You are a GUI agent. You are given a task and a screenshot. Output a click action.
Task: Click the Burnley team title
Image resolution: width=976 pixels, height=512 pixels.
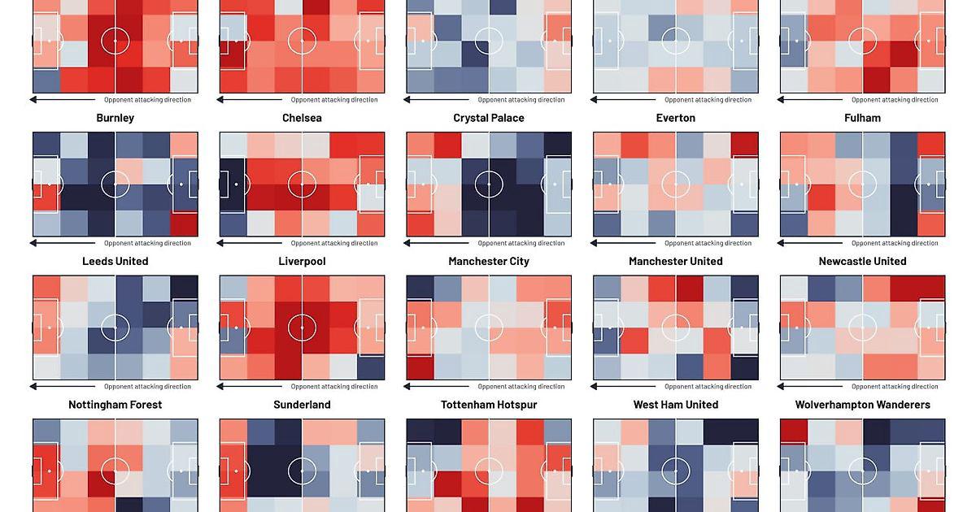pyautogui.click(x=115, y=118)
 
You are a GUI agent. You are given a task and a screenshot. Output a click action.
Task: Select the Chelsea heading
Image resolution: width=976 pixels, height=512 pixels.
pyautogui.click(x=302, y=118)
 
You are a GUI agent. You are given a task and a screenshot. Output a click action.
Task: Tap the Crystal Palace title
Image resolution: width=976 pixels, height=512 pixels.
pyautogui.click(x=488, y=118)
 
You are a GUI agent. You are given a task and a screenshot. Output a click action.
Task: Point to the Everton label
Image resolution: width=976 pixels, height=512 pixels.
pyautogui.click(x=676, y=118)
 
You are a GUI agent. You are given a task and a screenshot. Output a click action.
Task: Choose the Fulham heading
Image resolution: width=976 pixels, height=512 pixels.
pyautogui.click(x=862, y=118)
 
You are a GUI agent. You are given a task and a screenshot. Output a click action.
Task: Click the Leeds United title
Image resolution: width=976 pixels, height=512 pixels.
pyautogui.click(x=115, y=261)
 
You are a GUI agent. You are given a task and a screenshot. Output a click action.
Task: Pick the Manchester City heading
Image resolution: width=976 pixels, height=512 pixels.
pyautogui.click(x=488, y=261)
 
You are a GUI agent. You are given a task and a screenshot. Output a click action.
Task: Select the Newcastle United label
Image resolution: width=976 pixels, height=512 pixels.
pyautogui.click(x=862, y=261)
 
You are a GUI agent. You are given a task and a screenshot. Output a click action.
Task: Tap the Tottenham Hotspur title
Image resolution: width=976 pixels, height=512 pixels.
pyautogui.click(x=488, y=405)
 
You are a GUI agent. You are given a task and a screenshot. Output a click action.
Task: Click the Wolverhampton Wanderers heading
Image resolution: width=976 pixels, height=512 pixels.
pyautogui.click(x=862, y=405)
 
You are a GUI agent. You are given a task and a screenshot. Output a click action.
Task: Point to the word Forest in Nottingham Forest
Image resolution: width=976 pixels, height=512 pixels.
pyautogui.click(x=143, y=405)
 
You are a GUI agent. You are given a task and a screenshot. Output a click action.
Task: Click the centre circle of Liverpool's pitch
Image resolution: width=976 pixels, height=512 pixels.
pyautogui.click(x=302, y=328)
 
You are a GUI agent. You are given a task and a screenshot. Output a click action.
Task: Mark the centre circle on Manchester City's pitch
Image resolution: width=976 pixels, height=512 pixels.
pyautogui.click(x=489, y=328)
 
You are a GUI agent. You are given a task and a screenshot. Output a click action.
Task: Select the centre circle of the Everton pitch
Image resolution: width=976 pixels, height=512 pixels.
pyautogui.click(x=676, y=184)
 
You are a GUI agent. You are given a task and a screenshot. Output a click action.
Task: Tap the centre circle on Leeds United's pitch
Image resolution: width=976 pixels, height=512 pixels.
pyautogui.click(x=115, y=328)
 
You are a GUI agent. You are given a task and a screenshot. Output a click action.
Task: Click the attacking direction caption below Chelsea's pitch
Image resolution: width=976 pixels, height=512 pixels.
pyautogui.click(x=334, y=243)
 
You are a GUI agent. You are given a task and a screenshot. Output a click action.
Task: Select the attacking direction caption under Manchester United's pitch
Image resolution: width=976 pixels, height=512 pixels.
pyautogui.click(x=708, y=387)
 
